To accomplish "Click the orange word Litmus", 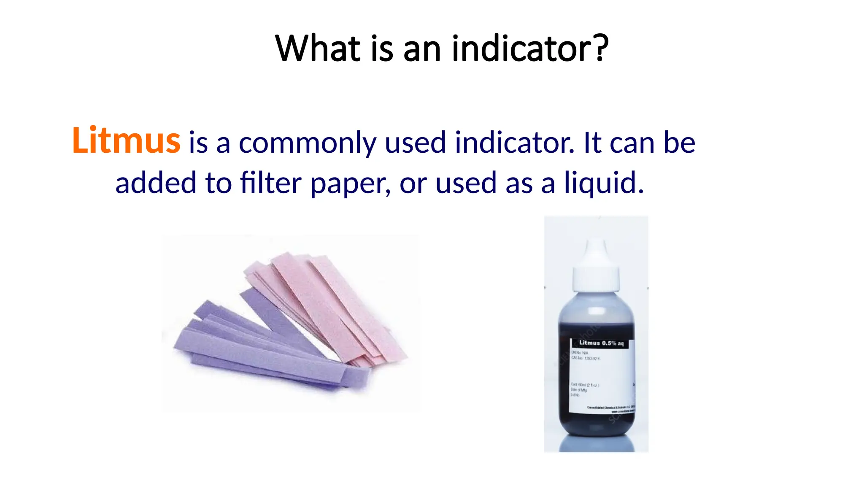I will point(126,140).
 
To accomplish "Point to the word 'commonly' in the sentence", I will point(307,143).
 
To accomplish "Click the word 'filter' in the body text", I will point(270,183).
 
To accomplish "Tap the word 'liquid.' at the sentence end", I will point(604,183).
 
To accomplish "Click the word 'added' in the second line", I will point(156,183).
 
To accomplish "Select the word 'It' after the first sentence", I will point(592,143).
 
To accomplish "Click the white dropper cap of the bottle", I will point(596,266).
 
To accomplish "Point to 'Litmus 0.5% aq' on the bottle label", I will point(601,343).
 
